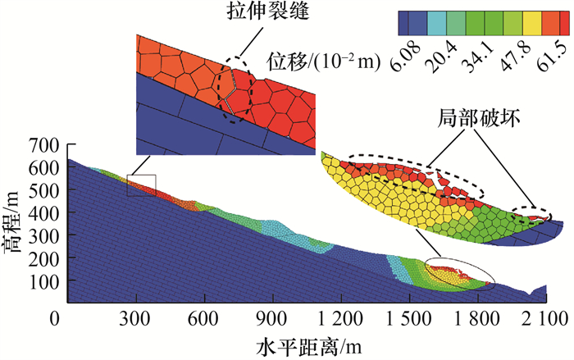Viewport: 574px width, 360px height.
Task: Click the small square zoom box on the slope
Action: (x=141, y=185)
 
